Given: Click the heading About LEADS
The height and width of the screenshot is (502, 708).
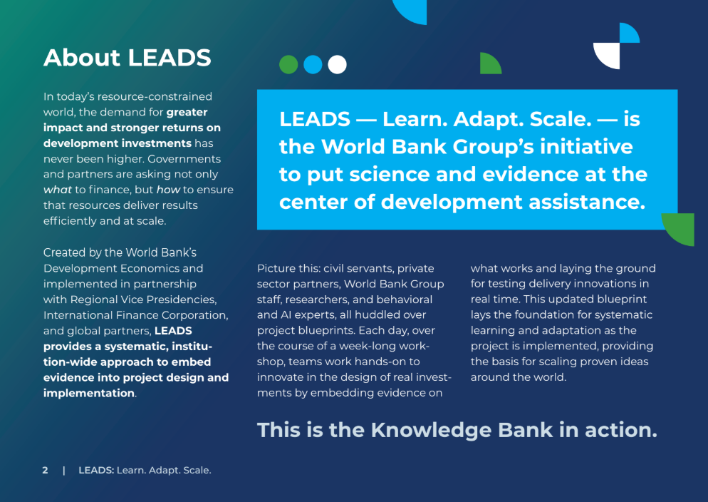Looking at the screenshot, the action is click(x=127, y=58).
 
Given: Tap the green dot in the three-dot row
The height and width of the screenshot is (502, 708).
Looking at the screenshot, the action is click(x=288, y=65).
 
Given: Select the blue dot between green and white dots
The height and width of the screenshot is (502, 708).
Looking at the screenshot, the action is click(x=313, y=65).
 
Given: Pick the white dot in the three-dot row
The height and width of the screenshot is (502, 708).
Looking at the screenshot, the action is click(x=338, y=65).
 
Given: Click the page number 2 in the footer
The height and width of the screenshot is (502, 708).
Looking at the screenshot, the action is click(x=45, y=471).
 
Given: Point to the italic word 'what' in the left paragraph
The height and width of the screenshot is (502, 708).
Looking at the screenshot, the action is click(x=58, y=190).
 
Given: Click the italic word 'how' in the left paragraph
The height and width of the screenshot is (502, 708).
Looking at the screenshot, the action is click(x=168, y=190).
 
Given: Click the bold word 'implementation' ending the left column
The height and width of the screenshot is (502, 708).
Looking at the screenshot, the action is click(x=89, y=394).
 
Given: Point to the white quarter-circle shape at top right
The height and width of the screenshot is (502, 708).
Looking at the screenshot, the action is click(x=606, y=56).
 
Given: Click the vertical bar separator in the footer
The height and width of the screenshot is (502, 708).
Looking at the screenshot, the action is click(x=63, y=471).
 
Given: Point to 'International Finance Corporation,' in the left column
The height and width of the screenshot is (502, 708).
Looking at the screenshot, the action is click(x=136, y=315).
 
